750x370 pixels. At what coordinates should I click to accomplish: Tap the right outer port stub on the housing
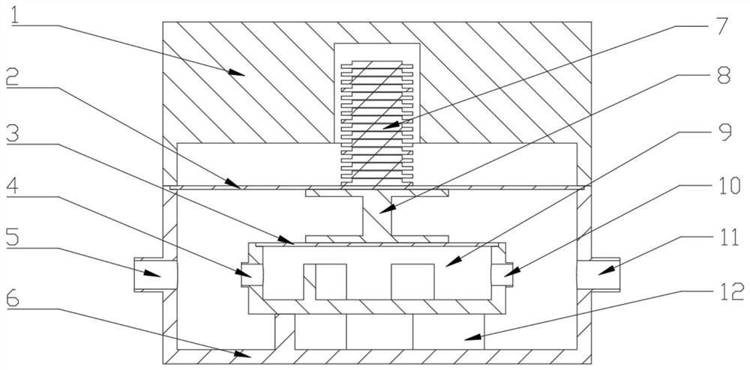pos(599,275)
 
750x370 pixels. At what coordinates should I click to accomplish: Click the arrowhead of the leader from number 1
pos(240,74)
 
